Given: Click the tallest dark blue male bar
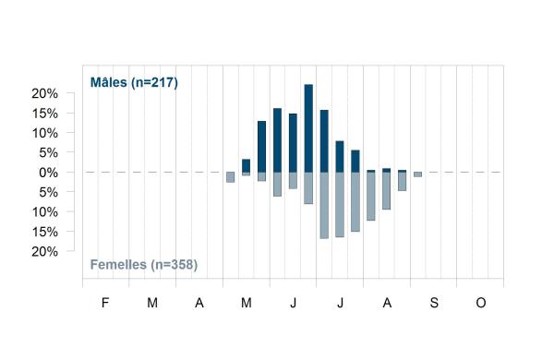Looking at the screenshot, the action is click(308, 128).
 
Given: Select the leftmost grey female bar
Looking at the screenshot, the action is click(230, 177).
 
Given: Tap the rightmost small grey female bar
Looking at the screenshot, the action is click(417, 174).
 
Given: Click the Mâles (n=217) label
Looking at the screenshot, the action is click(134, 82).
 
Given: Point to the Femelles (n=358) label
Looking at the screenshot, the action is click(144, 265).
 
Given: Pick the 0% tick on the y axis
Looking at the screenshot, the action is click(48, 173).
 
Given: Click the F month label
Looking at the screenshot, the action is click(105, 303).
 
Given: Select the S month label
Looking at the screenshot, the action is click(434, 303).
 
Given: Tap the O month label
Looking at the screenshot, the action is click(481, 303).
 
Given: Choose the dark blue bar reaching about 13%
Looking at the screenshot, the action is click(262, 147).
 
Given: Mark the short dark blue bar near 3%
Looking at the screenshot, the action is click(246, 165).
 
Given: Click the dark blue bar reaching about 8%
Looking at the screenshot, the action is click(340, 157).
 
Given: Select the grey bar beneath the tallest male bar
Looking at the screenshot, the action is click(308, 188).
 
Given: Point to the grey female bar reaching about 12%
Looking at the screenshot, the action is click(371, 196).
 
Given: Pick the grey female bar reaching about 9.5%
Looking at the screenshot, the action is click(387, 191).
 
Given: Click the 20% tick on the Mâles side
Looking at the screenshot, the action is click(44, 93).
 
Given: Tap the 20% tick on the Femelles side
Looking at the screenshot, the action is click(44, 252).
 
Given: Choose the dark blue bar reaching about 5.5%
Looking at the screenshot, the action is click(355, 162).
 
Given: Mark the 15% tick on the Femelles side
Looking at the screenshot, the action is click(44, 232).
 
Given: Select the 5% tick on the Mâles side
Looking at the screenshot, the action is click(48, 153).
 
